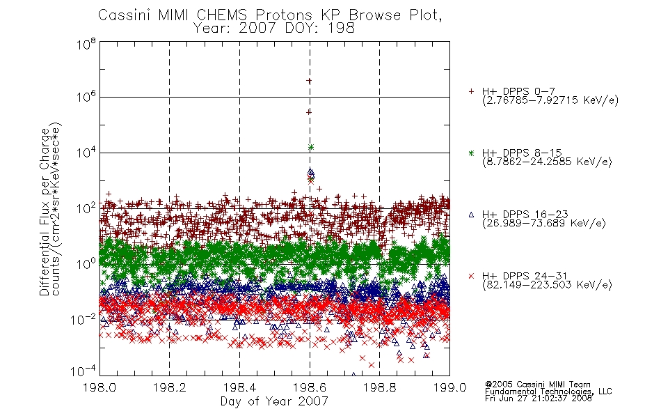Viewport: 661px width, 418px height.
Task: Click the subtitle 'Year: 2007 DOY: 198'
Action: coord(273,29)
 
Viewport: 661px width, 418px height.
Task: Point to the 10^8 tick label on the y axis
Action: coord(86,44)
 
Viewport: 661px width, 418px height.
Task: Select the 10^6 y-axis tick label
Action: coord(86,97)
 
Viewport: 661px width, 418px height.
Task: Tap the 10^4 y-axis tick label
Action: coord(86,153)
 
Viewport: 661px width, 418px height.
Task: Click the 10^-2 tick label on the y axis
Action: coord(83,320)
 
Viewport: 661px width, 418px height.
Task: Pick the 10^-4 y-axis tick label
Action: coord(83,371)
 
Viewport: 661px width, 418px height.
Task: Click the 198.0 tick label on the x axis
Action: coord(99,387)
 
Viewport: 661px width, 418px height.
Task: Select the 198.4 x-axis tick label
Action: coord(239,387)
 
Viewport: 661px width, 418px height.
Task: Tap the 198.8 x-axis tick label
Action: coord(379,387)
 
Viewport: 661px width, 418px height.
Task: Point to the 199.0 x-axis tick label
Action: coord(449,387)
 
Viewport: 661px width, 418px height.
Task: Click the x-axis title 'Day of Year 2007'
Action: coord(274,401)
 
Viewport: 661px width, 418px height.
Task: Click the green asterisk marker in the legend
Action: coord(471,153)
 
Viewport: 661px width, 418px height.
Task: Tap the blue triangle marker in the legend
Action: coord(471,215)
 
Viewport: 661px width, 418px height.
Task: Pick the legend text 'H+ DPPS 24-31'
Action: coord(525,276)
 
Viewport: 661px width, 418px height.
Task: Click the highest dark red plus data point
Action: coord(309,81)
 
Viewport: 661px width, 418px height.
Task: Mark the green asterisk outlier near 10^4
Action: coord(311,147)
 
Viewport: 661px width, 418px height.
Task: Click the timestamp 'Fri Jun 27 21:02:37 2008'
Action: coord(539,398)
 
